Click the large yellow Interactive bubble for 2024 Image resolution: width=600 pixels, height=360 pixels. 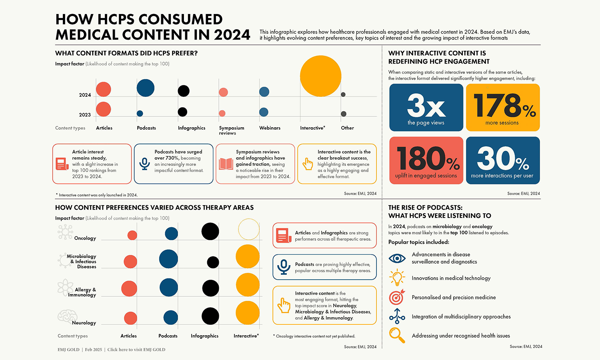tap(320, 76)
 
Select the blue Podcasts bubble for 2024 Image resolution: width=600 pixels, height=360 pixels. tap(146, 88)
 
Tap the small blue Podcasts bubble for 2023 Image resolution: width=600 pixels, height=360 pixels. tap(140, 114)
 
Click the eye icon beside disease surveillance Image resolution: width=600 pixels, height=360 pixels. tap(397, 258)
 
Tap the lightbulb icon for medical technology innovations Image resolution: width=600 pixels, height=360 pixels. tap(397, 278)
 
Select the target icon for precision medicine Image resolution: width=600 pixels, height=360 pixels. tap(397, 297)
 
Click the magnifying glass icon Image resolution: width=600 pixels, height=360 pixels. tap(397, 335)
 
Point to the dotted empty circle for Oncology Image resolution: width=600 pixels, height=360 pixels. tap(248, 230)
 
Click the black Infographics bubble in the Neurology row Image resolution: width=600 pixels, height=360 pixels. tap(210, 316)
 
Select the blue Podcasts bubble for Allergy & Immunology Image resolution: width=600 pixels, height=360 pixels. tap(169, 288)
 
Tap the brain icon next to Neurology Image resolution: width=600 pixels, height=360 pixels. tap(67, 316)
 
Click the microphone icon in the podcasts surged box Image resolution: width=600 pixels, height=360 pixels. tap(144, 164)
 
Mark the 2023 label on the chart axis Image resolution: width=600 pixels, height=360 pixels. tap(85, 115)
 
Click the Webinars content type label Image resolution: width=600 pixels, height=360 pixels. tap(270, 128)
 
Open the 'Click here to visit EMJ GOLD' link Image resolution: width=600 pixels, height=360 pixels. tap(136, 350)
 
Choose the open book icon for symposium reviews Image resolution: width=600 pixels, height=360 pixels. tap(226, 164)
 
